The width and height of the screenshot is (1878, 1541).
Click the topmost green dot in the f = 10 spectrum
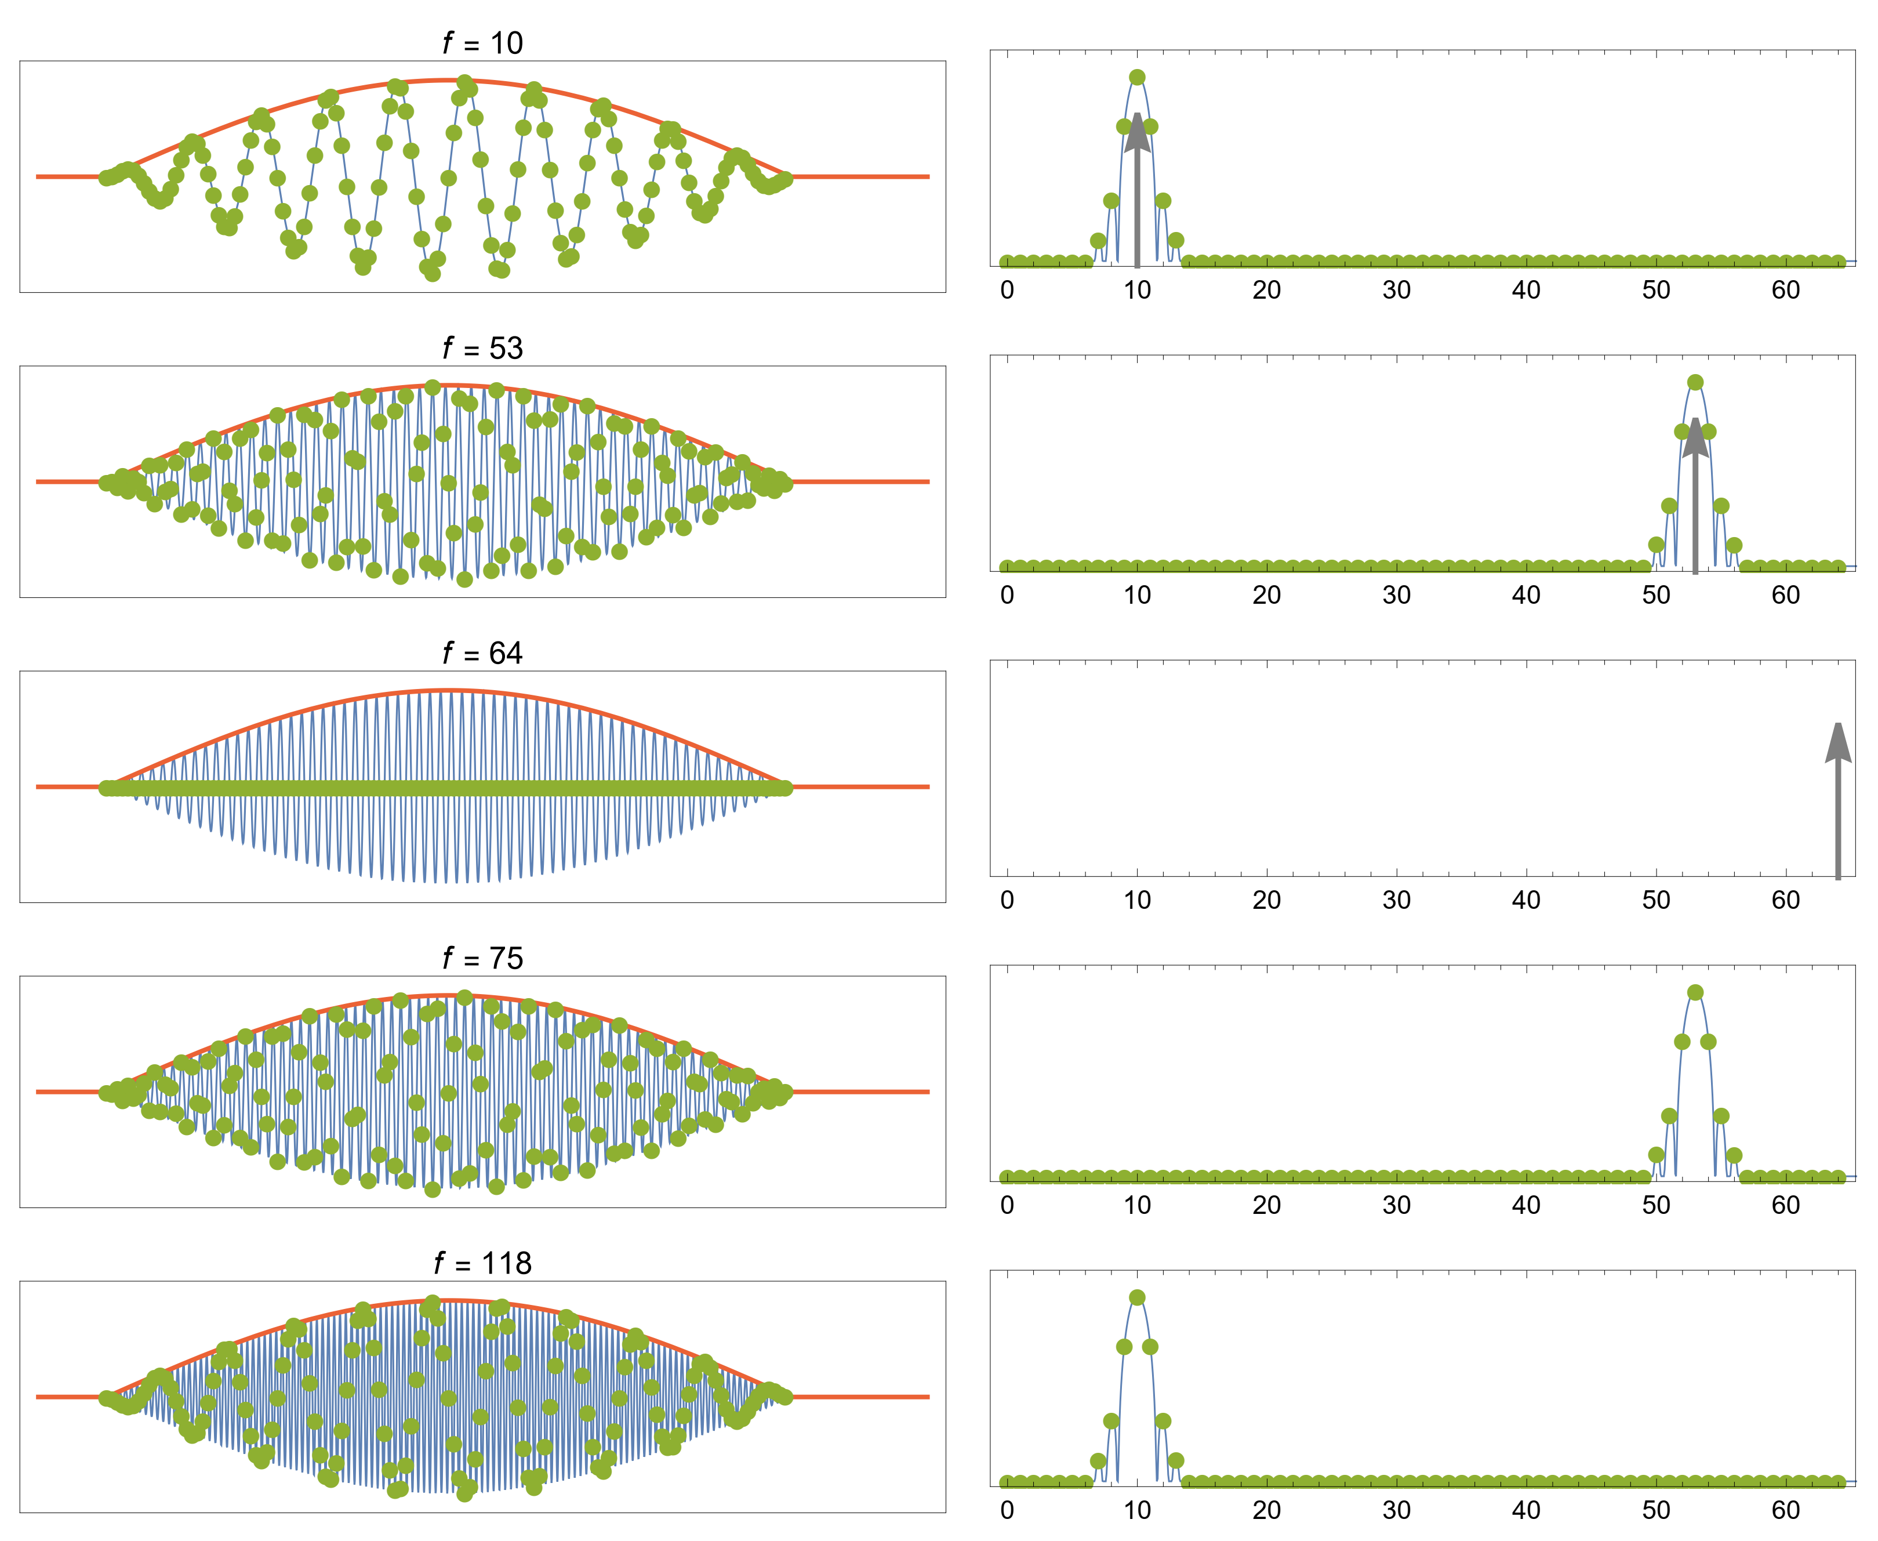1137,77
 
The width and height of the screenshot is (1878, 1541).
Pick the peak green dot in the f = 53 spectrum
1695,383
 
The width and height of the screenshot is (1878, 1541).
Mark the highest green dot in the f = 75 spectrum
1695,992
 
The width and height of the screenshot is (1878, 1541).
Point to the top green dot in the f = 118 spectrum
1137,1298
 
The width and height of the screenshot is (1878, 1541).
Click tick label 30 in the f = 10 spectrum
1396,290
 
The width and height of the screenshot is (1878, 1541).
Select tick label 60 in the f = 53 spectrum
1786,596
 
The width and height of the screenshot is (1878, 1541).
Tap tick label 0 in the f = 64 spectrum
1007,900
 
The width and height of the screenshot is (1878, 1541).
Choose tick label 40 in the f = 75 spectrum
1525,1205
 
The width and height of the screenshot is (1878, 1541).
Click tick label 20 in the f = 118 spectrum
1266,1510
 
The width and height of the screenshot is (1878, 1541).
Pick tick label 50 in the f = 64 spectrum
1656,900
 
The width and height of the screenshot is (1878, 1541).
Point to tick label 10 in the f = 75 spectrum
1137,1205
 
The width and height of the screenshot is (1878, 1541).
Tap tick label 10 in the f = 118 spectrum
1137,1510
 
